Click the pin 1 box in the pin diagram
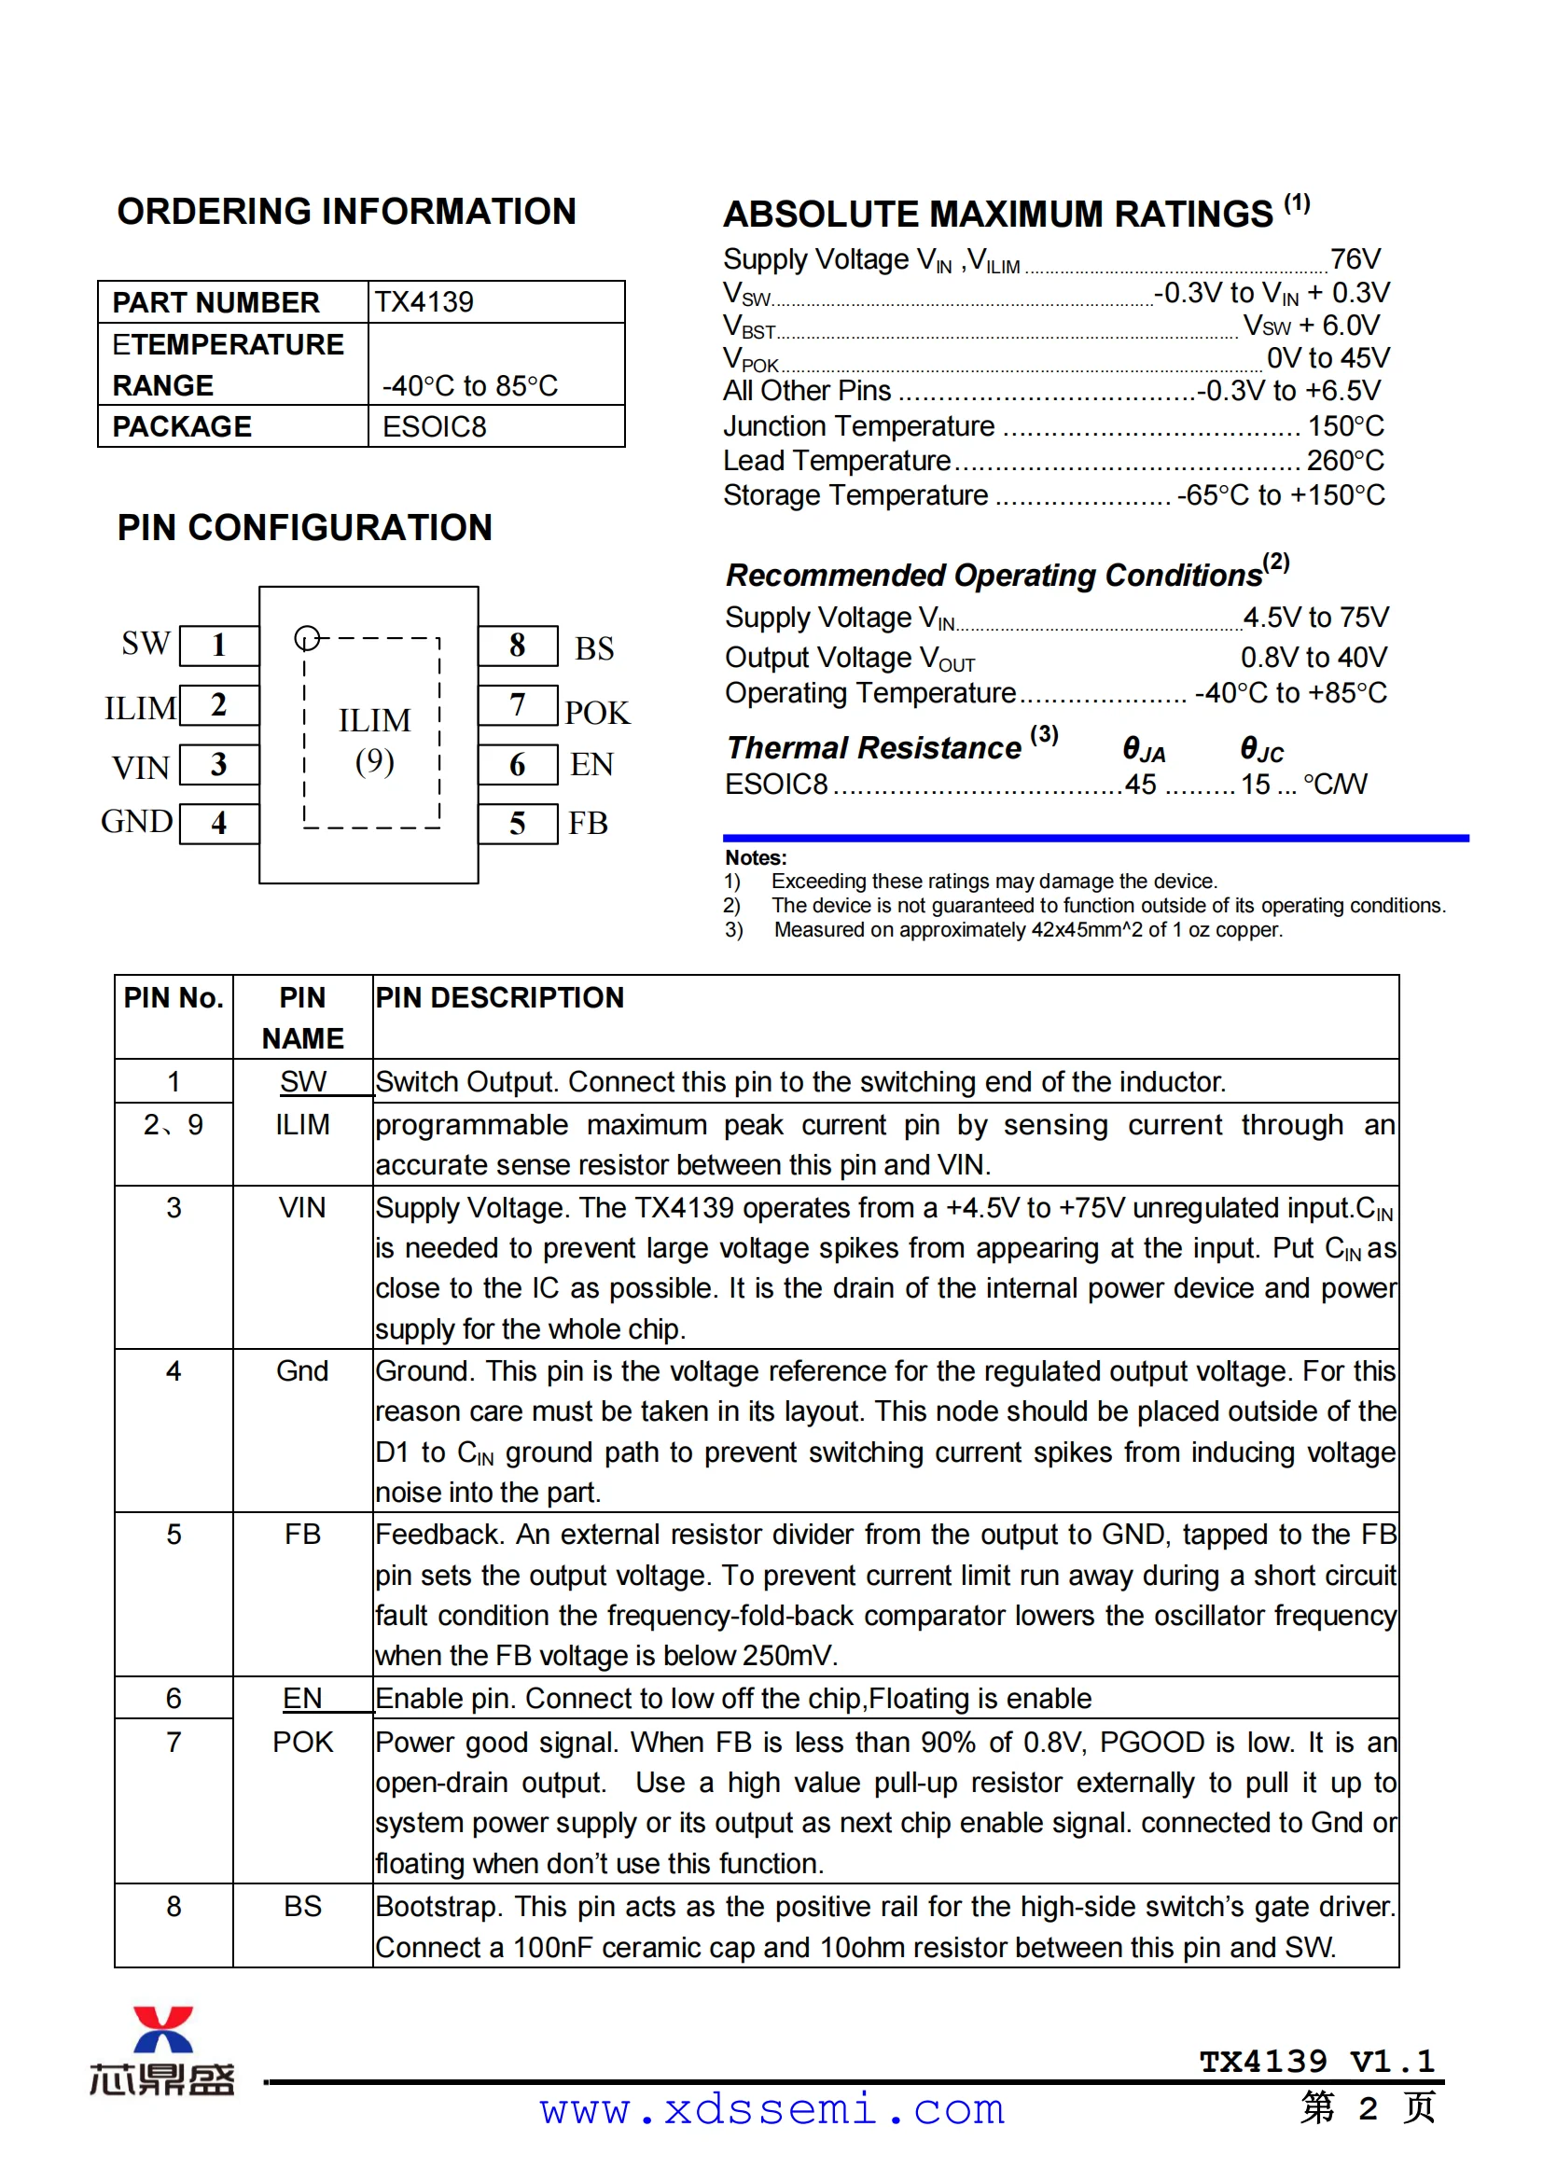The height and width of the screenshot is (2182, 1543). click(x=218, y=646)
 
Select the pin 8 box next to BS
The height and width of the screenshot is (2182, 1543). click(x=517, y=646)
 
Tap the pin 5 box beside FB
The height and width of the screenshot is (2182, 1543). click(x=517, y=823)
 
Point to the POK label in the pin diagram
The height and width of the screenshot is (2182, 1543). click(x=597, y=713)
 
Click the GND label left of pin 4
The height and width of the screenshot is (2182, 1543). click(x=137, y=822)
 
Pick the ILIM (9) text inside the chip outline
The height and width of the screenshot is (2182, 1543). click(x=374, y=741)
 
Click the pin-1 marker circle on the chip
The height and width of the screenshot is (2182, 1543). click(x=306, y=638)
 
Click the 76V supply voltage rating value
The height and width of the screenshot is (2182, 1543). click(x=1355, y=258)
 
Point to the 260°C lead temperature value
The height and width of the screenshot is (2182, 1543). click(x=1345, y=461)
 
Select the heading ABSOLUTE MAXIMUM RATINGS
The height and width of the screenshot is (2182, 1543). click(x=997, y=215)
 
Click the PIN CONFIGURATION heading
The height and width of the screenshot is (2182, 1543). click(x=305, y=527)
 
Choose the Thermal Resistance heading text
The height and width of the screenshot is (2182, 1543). click(x=874, y=748)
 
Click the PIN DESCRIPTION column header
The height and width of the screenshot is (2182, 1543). click(x=500, y=998)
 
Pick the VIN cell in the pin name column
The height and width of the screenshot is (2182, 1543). click(x=302, y=1208)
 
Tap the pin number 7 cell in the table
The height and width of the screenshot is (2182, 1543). click(x=173, y=1742)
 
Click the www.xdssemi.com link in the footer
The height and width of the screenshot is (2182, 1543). click(x=771, y=2110)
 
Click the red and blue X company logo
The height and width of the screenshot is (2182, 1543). click(x=162, y=2031)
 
